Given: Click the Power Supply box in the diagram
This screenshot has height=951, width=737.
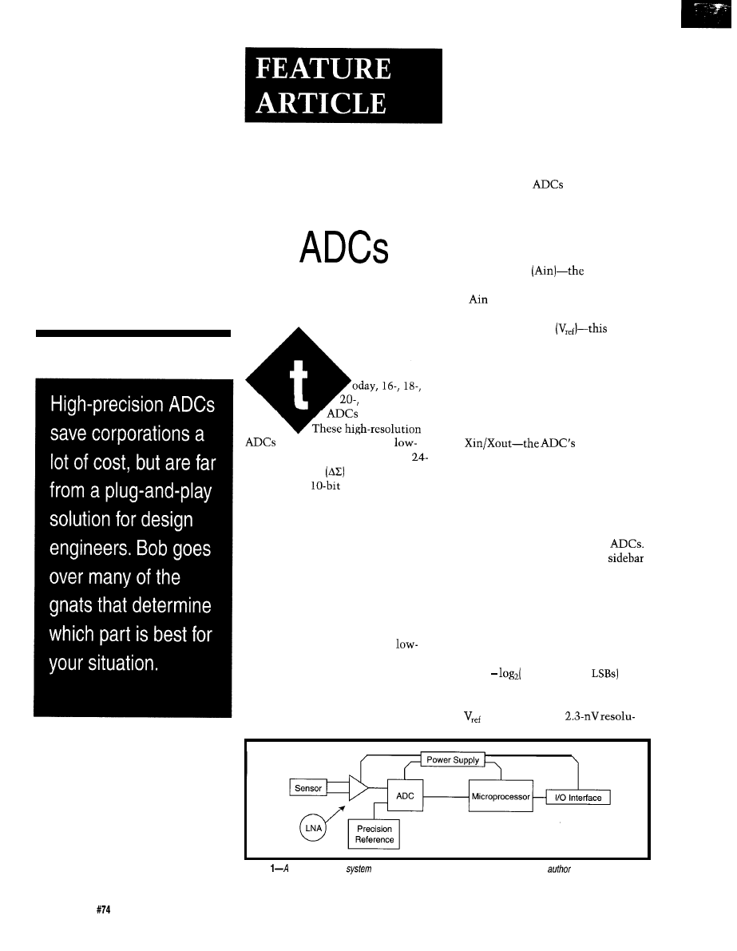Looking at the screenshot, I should coord(453,760).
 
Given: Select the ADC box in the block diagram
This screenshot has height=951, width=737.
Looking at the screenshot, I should coord(404,796).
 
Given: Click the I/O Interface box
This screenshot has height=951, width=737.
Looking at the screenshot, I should coord(577,798).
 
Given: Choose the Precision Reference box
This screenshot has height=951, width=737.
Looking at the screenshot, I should coord(374,834).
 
